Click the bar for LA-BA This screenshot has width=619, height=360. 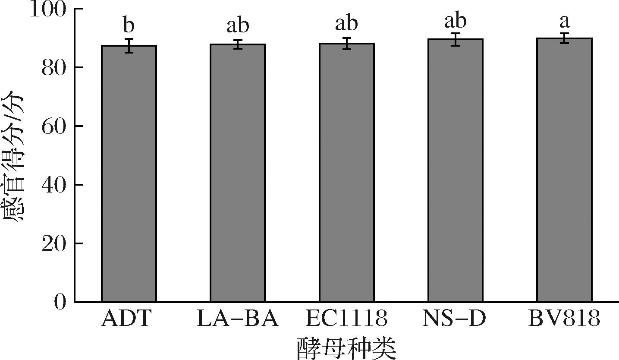point(238,173)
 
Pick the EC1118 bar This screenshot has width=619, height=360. point(346,173)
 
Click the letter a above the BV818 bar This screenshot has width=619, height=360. point(564,22)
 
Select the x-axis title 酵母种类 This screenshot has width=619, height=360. point(346,348)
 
